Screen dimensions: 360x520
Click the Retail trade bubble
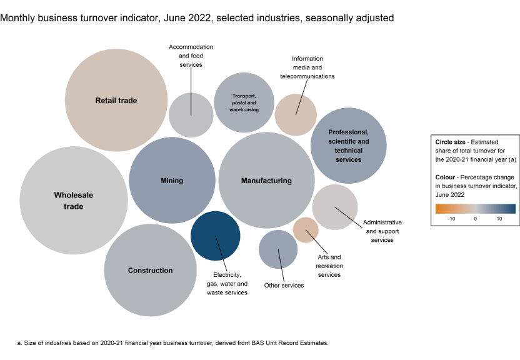point(116,100)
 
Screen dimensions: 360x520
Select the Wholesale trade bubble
point(74,200)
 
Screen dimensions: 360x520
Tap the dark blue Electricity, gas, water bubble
point(216,236)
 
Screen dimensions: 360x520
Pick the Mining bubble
point(172,181)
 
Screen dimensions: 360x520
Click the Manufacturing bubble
point(266,181)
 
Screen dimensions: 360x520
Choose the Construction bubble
point(151,270)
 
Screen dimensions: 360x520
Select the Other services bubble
point(278,249)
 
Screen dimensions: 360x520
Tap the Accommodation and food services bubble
point(191,114)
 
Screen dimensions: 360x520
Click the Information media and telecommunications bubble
point(296,114)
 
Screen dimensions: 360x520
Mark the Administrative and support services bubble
point(335,207)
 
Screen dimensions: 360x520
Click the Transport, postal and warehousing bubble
point(244,102)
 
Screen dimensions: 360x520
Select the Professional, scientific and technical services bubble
point(348,146)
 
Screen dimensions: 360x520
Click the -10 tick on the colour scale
point(451,219)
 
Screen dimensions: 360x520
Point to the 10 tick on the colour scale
point(499,219)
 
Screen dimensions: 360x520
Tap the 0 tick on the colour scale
point(476,219)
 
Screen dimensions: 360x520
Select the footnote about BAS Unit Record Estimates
point(172,343)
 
